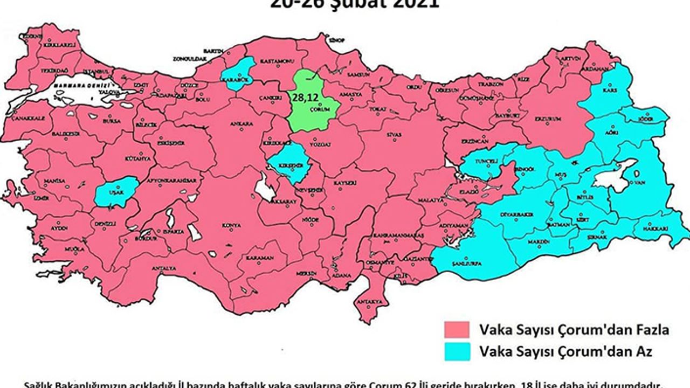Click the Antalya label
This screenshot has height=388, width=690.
(164, 268)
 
